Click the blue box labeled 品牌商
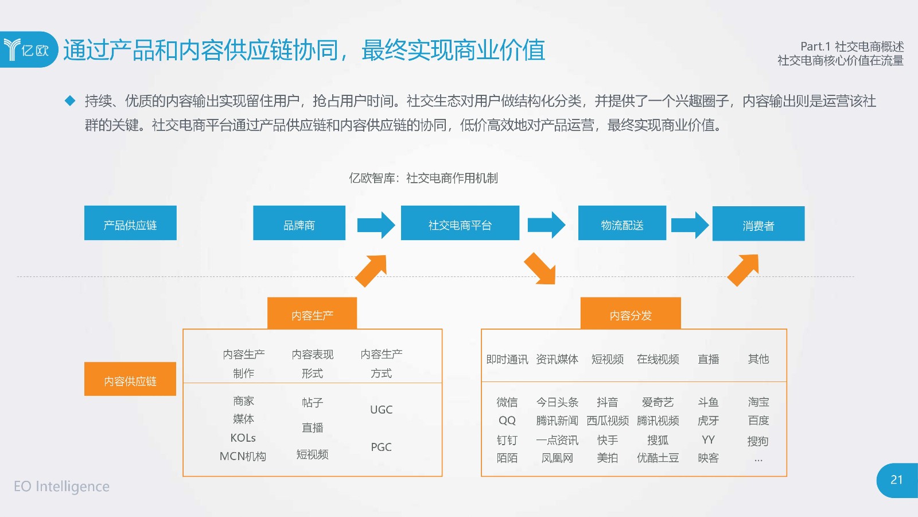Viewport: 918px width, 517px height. point(299,223)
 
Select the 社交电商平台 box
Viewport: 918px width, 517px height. point(460,223)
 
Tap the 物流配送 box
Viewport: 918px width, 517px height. point(622,223)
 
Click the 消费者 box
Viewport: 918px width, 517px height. point(758,223)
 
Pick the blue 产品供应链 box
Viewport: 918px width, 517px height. point(130,223)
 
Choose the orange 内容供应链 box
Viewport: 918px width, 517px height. point(130,379)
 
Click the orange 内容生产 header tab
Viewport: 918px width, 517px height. point(312,314)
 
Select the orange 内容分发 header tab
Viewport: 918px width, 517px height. point(631,314)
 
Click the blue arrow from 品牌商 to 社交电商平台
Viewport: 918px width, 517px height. point(376,225)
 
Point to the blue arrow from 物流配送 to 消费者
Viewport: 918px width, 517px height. point(690,225)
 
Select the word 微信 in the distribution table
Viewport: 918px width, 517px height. point(507,402)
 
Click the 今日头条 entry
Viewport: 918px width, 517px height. point(557,402)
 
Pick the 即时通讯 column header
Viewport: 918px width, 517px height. point(507,360)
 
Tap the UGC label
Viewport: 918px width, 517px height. point(381,410)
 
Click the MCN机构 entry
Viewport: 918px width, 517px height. point(243,456)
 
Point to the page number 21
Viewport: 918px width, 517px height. point(897,480)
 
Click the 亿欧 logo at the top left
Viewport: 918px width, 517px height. point(29,49)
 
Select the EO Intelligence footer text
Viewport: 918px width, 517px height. point(62,486)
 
